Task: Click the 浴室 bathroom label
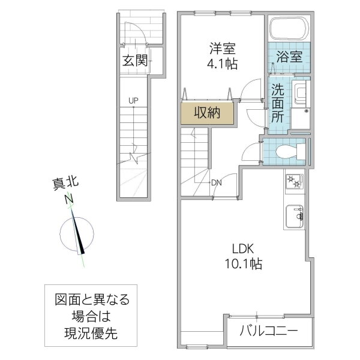[x=289, y=58]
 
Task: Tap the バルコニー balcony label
[x=269, y=330]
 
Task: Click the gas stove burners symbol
[x=293, y=181]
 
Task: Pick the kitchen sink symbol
[x=294, y=215]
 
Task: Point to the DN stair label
[x=216, y=183]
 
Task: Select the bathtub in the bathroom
[x=288, y=28]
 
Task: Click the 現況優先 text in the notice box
[x=92, y=334]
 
